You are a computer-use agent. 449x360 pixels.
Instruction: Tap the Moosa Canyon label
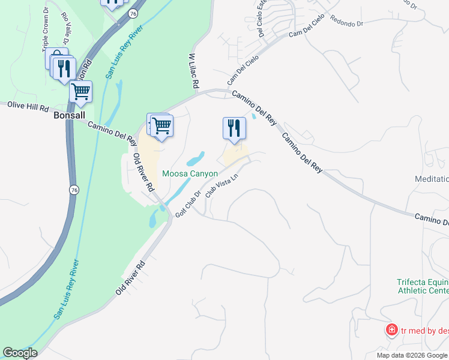tap(190, 173)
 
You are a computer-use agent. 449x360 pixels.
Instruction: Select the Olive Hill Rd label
tap(28, 107)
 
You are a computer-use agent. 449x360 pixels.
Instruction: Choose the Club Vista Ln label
tap(218, 186)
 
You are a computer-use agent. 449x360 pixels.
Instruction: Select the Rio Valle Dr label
tap(65, 24)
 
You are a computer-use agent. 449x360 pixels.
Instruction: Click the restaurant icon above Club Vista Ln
tap(234, 128)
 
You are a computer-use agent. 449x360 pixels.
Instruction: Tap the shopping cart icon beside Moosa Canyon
tap(161, 125)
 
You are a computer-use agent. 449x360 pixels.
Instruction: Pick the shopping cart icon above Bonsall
tap(80, 92)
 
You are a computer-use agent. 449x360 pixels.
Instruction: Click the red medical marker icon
tap(391, 329)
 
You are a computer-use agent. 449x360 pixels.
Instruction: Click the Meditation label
tap(432, 179)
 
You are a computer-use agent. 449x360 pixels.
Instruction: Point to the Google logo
tap(20, 353)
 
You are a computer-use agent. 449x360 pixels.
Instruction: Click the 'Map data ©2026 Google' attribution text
tap(412, 355)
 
